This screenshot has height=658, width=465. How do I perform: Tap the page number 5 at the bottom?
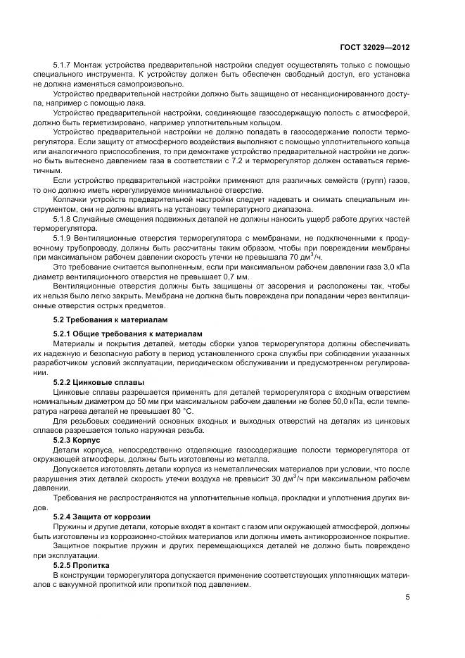(x=408, y=597)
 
